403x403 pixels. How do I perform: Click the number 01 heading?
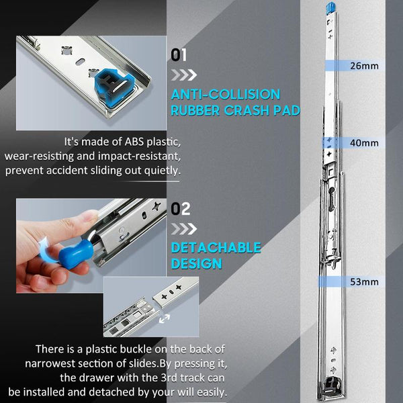point(180,54)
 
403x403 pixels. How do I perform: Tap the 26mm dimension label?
point(365,66)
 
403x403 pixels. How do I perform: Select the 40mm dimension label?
point(365,143)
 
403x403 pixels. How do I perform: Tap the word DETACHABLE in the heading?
point(215,248)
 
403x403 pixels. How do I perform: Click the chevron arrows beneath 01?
point(183,74)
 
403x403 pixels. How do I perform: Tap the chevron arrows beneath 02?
point(183,228)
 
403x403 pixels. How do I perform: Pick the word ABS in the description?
point(127,143)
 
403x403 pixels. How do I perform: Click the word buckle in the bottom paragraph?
point(137,349)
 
